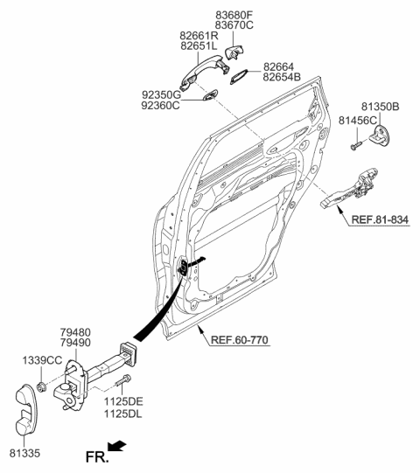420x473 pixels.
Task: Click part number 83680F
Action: pos(234,15)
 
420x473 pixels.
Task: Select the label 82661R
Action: pos(199,36)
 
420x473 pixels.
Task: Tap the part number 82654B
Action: pos(282,77)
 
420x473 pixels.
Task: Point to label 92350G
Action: pos(162,95)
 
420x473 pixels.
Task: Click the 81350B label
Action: pos(381,107)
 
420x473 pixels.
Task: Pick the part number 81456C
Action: pos(358,121)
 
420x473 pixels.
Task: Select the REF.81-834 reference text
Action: pos(380,219)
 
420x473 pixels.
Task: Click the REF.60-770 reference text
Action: pos(239,339)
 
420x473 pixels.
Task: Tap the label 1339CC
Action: pos(42,360)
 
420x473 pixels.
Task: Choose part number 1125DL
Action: pos(122,414)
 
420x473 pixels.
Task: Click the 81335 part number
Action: pos(24,453)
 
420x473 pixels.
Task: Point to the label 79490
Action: pos(75,343)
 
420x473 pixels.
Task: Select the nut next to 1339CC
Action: pos(41,386)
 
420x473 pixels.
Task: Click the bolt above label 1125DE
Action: pos(122,380)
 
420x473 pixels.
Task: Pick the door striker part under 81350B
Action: pos(381,136)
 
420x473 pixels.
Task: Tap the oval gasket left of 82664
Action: pos(239,77)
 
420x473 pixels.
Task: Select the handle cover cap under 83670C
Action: pos(234,52)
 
